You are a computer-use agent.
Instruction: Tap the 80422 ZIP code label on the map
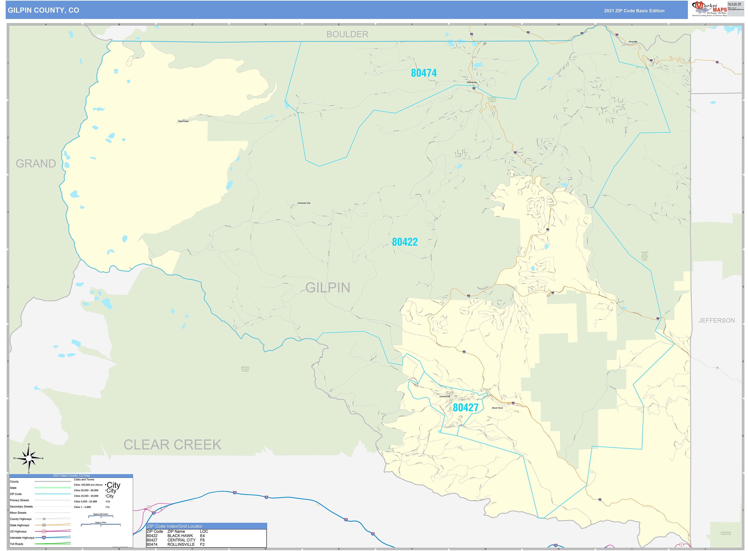click(404, 242)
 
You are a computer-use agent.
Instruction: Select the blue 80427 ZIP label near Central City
click(465, 408)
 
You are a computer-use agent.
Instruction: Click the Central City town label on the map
click(444, 397)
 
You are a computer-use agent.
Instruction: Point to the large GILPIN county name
click(328, 288)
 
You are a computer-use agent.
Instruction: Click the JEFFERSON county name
click(716, 320)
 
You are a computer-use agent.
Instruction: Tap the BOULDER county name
click(347, 34)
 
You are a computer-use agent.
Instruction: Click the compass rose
click(29, 459)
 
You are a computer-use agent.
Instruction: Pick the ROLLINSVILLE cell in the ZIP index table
click(181, 544)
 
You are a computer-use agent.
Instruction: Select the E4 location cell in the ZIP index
click(202, 536)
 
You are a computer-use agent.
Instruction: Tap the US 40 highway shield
click(149, 508)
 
